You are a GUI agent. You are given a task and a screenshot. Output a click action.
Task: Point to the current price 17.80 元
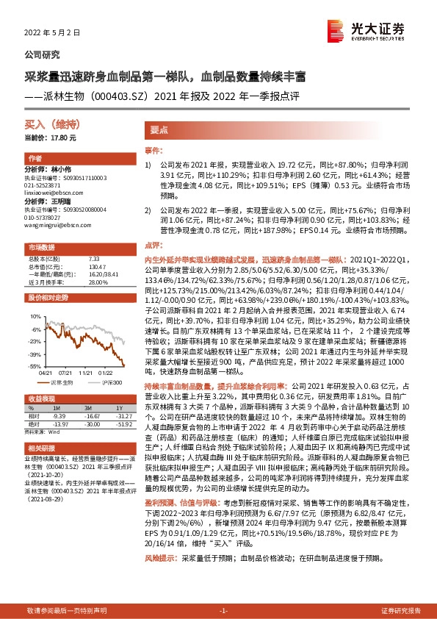(51, 137)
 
